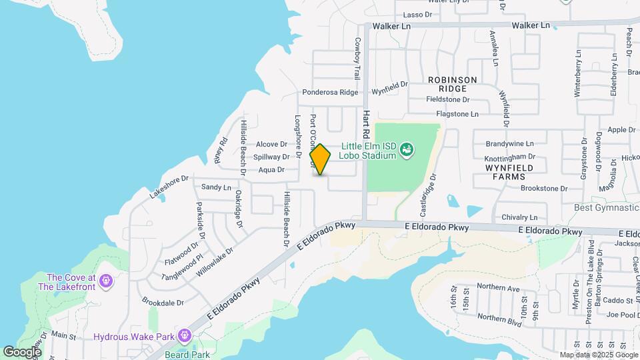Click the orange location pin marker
[321, 159]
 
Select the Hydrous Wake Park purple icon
[185, 337]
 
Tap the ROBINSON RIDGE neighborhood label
[453, 84]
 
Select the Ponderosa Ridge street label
[330, 93]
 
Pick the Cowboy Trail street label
[357, 59]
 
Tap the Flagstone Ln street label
[457, 115]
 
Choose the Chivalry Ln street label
[519, 217]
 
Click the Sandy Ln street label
[216, 187]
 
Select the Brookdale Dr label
[163, 303]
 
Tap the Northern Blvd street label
[499, 317]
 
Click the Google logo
[22, 351]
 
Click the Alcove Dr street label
[271, 144]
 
